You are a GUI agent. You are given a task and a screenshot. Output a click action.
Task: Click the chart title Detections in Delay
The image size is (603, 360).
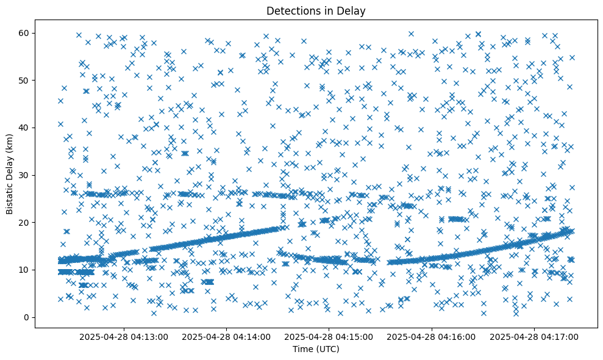pyautogui.click(x=316, y=10)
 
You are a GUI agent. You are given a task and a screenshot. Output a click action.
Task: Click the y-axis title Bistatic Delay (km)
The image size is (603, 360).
pyautogui.click(x=10, y=174)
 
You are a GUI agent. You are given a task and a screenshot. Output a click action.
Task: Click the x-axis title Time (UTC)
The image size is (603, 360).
pyautogui.click(x=316, y=350)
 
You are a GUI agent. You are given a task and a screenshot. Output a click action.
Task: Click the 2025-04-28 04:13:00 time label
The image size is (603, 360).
pyautogui.click(x=124, y=336)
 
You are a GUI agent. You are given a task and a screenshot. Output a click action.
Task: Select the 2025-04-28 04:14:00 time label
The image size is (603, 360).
pyautogui.click(x=226, y=336)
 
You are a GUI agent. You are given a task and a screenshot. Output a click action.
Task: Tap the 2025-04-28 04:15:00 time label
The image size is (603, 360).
pyautogui.click(x=329, y=336)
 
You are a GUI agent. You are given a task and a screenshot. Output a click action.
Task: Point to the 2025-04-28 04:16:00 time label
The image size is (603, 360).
pyautogui.click(x=432, y=336)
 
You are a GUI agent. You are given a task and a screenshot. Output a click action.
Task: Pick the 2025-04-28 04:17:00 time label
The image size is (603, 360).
pyautogui.click(x=535, y=336)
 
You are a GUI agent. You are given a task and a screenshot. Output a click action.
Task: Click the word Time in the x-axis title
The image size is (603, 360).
pyautogui.click(x=302, y=350)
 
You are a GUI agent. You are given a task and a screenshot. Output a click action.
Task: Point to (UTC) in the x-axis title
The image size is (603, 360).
pyautogui.click(x=326, y=350)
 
